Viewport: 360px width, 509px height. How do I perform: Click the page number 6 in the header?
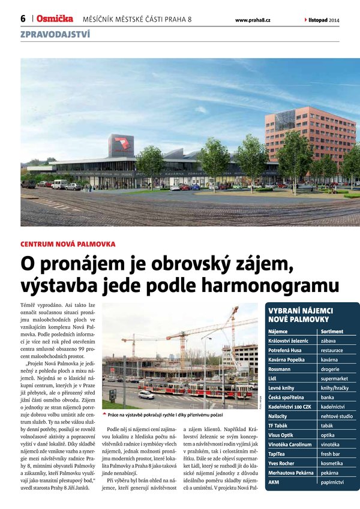pos(23,19)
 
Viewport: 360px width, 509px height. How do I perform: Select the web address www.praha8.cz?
pos(253,20)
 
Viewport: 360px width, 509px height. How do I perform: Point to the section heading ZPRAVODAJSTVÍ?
pos(55,34)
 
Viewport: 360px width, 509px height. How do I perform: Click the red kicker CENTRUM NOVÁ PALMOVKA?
pos(68,244)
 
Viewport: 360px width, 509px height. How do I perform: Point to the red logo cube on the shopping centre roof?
pos(122,146)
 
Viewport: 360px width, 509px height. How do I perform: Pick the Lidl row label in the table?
pos(273,379)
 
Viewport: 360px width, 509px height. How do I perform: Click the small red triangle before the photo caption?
pos(105,414)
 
